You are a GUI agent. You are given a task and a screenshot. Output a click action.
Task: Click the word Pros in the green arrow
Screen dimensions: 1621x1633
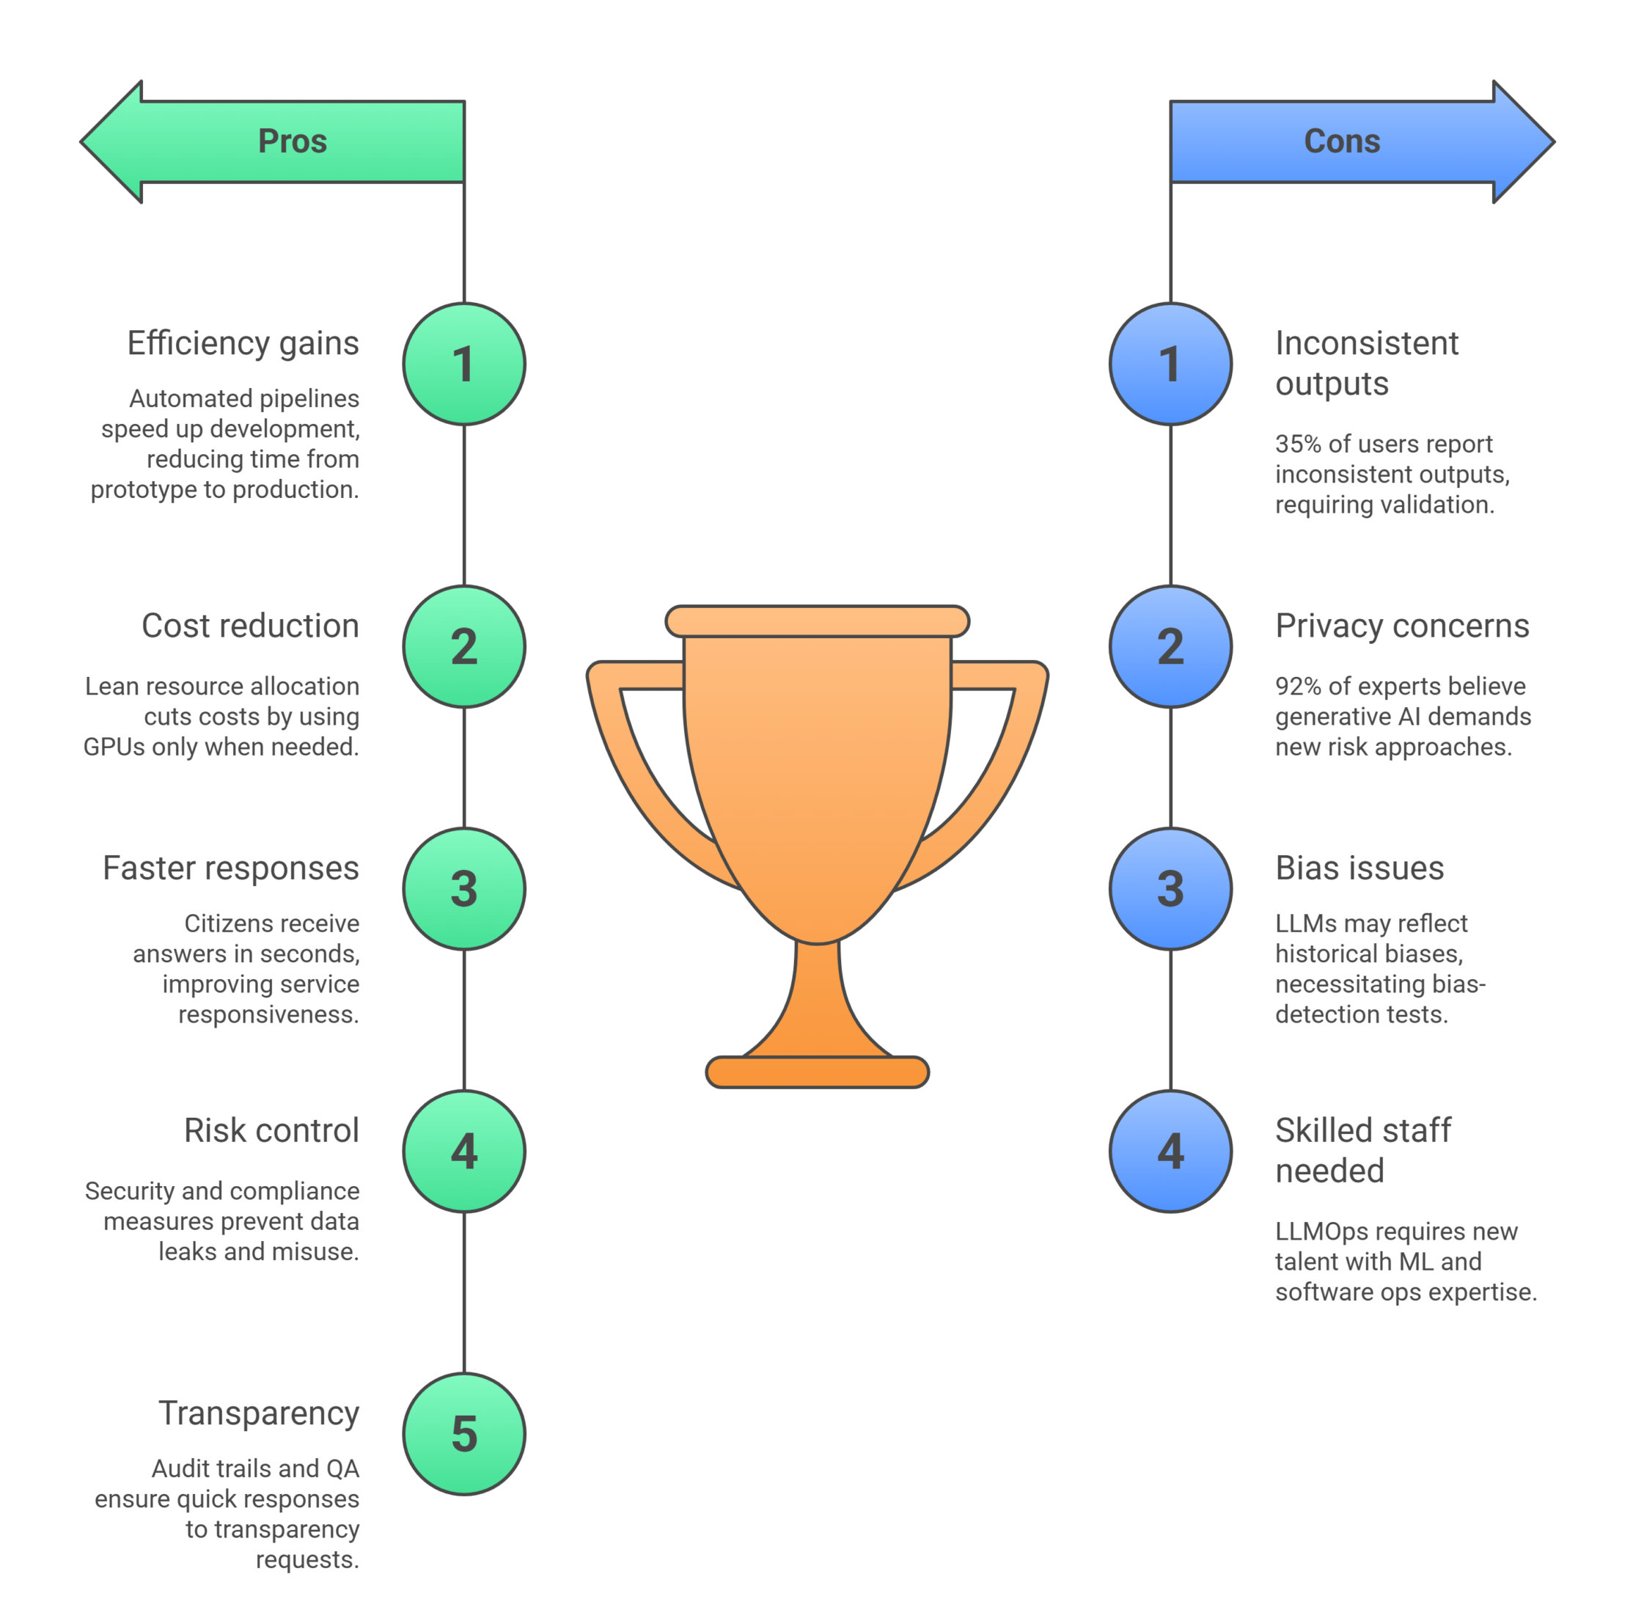click(292, 142)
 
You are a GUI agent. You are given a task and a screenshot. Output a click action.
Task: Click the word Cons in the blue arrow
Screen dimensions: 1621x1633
click(1341, 142)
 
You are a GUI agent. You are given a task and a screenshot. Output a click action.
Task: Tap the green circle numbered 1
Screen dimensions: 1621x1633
click(464, 364)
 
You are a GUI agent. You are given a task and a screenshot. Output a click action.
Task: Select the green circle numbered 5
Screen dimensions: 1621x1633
click(464, 1434)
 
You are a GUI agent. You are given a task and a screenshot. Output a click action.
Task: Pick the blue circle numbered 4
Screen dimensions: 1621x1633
click(1170, 1151)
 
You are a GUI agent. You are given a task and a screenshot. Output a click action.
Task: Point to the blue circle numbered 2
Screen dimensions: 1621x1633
click(1170, 647)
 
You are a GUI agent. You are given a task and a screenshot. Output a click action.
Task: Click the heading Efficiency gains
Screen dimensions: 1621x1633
click(243, 343)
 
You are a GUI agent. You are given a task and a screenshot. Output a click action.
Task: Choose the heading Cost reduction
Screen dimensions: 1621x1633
click(250, 626)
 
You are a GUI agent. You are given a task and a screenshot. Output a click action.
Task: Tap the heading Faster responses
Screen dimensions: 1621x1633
click(231, 868)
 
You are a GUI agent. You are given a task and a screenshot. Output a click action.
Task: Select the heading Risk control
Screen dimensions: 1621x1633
click(271, 1130)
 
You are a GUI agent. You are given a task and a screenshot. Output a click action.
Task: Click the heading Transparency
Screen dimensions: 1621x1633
click(259, 1413)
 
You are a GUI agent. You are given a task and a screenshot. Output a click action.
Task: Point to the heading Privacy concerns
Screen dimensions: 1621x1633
click(1401, 626)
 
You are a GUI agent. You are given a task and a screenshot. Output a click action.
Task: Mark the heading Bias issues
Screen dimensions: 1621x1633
click(1359, 868)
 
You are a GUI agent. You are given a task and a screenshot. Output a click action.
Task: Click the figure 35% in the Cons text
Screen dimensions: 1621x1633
click(1297, 444)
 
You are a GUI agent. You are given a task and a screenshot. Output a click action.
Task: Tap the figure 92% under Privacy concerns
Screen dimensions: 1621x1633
click(1297, 686)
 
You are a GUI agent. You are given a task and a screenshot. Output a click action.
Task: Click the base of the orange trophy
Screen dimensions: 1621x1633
click(817, 1072)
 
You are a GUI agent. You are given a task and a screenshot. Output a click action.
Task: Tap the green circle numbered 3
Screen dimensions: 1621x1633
click(464, 889)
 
